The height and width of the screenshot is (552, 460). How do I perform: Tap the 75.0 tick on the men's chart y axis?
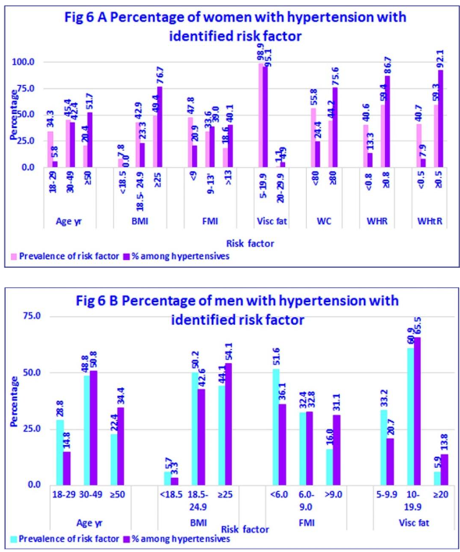pyautogui.click(x=30, y=316)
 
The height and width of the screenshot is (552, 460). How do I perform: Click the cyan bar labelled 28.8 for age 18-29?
pyautogui.click(x=59, y=452)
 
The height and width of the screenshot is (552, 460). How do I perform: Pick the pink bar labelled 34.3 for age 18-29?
pyautogui.click(x=50, y=149)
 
